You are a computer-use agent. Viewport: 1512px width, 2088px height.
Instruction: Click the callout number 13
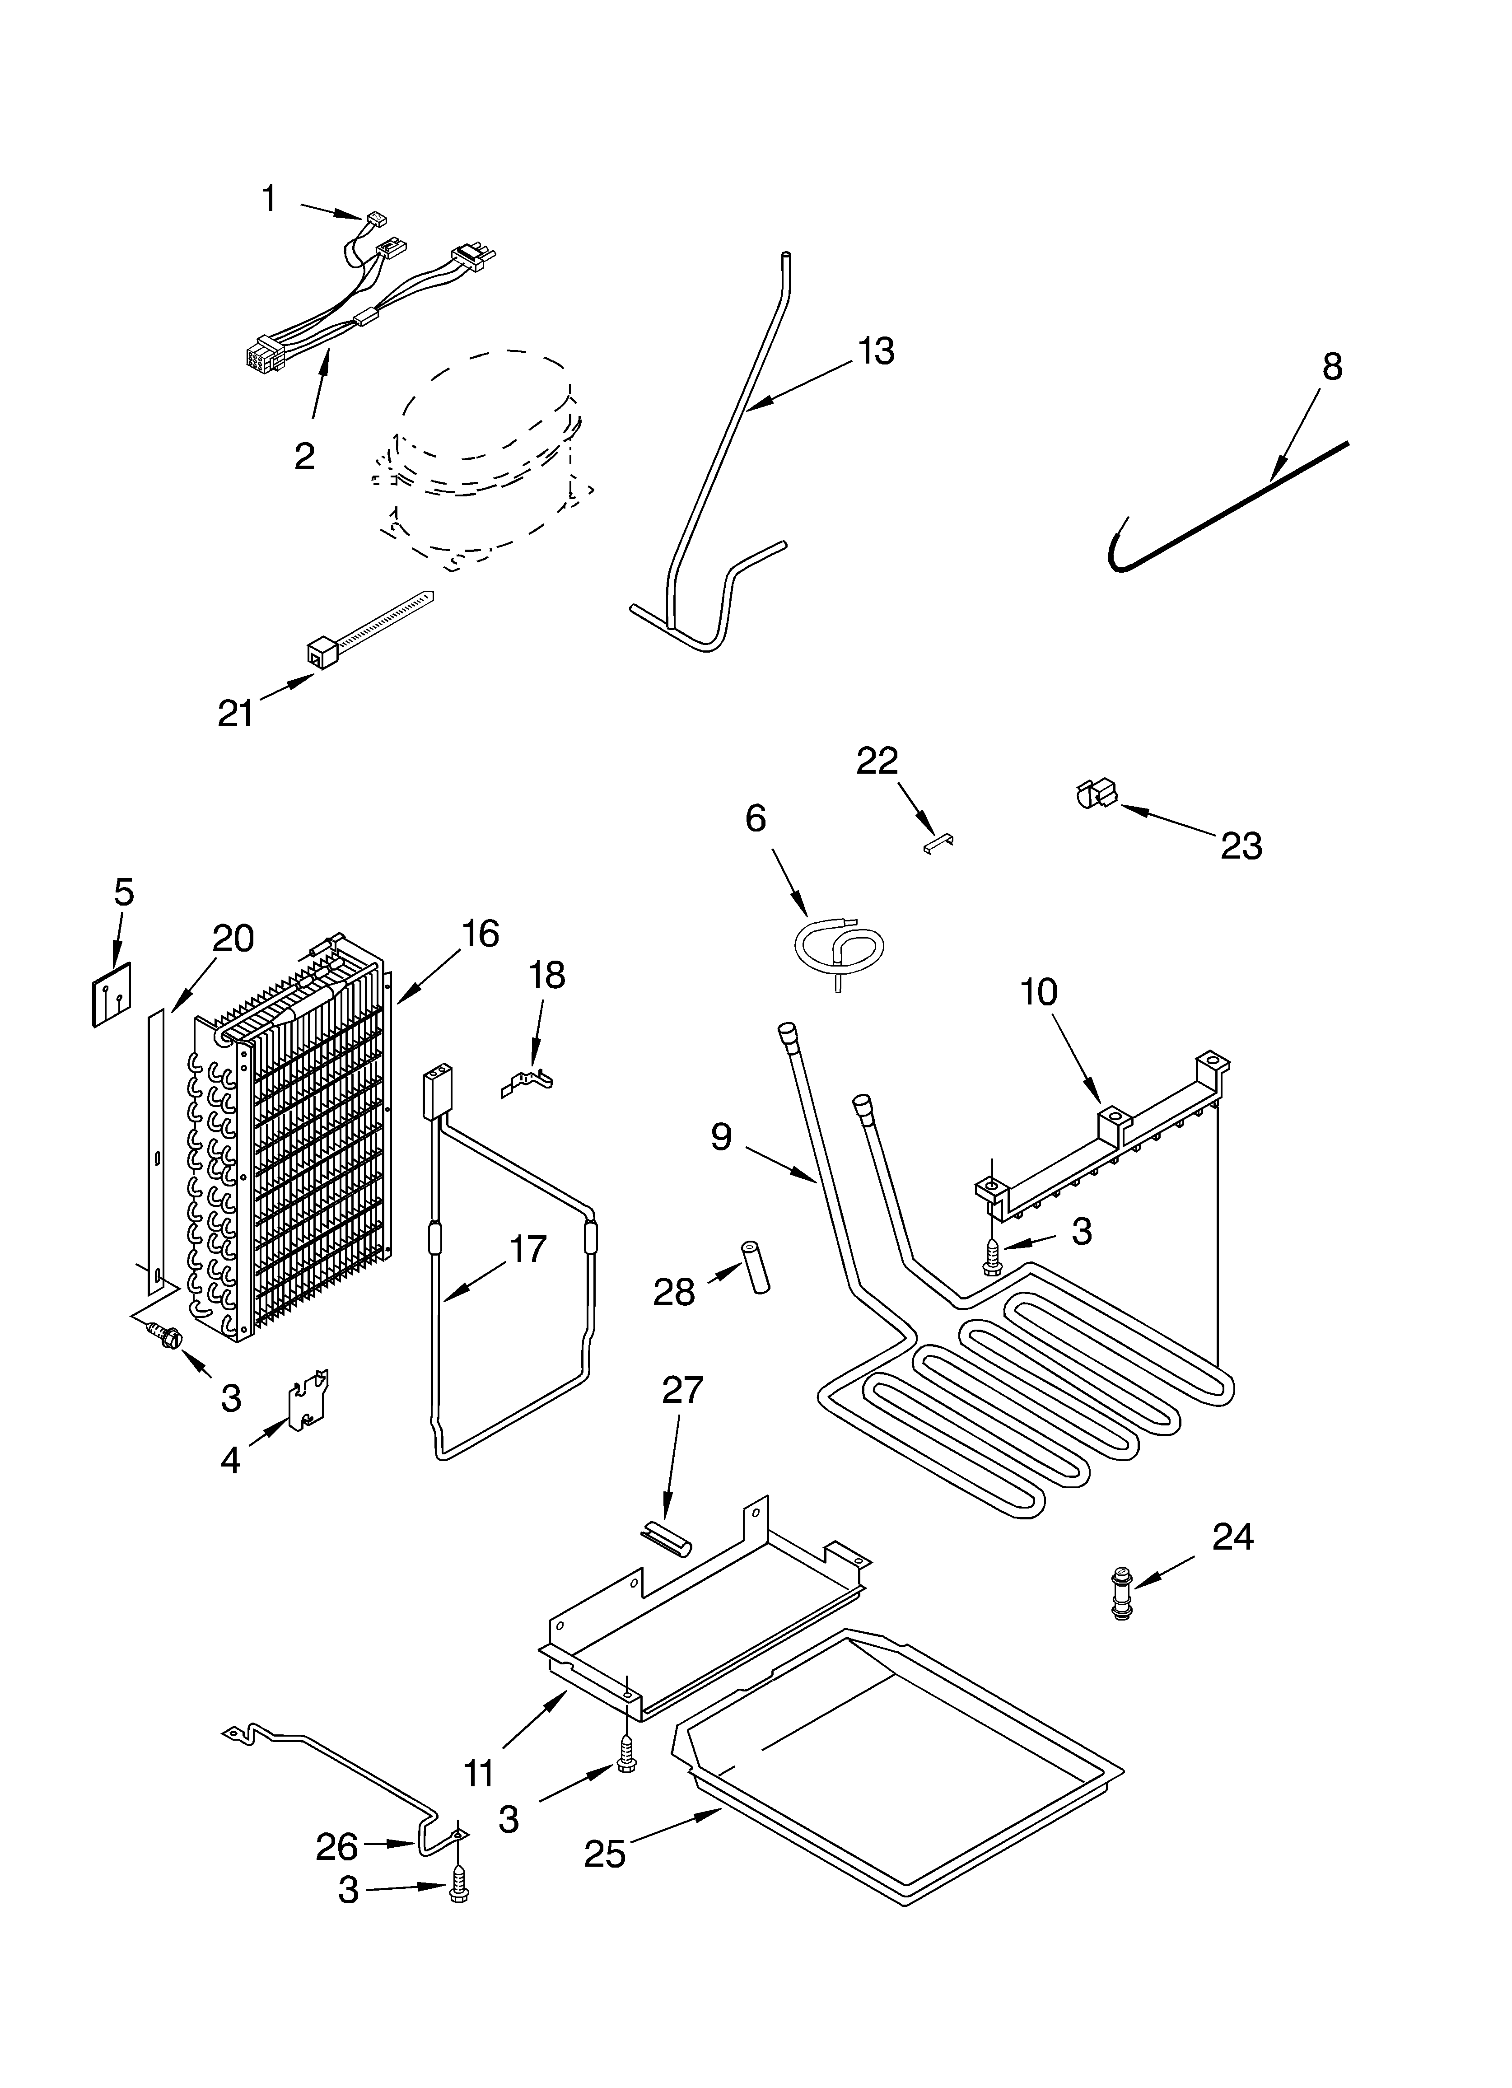click(x=876, y=352)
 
